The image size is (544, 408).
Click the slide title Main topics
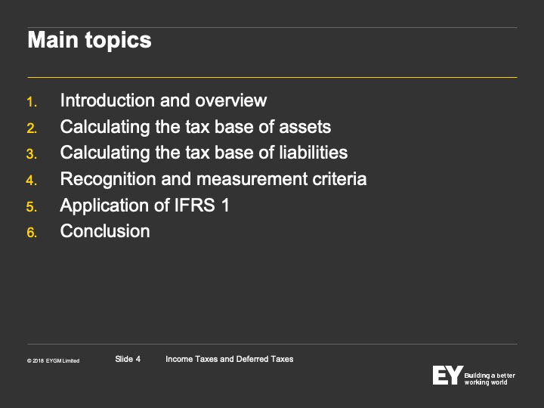point(89,41)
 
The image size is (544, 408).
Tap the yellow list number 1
point(32,102)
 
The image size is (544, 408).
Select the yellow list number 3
point(32,154)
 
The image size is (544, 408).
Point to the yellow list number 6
point(32,233)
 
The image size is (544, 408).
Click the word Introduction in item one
point(107,100)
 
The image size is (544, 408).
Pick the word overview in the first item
point(231,100)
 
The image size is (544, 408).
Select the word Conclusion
point(105,231)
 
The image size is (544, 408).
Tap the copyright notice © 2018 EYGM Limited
point(54,361)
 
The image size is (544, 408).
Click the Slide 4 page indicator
point(128,359)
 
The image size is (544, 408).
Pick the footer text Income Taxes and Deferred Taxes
point(230,359)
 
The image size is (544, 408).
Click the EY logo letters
point(447,375)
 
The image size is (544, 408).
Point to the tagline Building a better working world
point(490,379)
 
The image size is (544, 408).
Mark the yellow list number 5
point(32,207)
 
